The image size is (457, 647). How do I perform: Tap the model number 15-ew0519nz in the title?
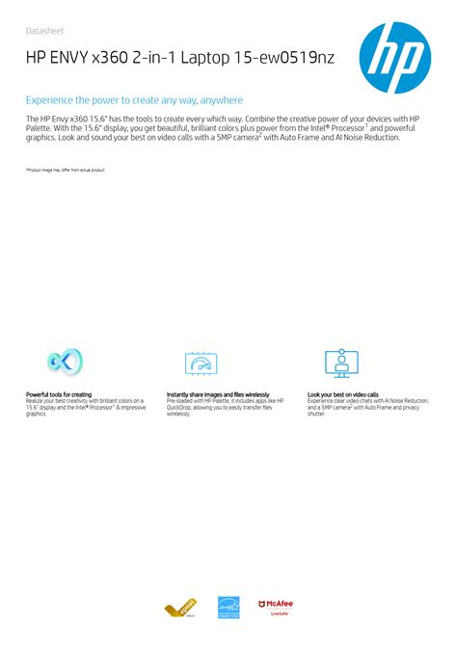(289, 61)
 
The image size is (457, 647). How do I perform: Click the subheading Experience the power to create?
(134, 100)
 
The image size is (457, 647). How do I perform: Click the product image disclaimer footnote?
(65, 170)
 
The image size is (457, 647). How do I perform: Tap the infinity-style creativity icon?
(66, 363)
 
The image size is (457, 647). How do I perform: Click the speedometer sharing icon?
(202, 364)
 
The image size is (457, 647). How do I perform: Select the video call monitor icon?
(343, 364)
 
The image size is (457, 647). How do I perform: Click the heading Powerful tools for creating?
(59, 394)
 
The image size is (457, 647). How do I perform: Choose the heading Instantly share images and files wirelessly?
(218, 394)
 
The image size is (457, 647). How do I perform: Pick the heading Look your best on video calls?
(342, 394)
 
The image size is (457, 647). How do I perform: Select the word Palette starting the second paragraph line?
(40, 128)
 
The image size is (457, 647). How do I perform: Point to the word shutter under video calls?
(317, 415)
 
